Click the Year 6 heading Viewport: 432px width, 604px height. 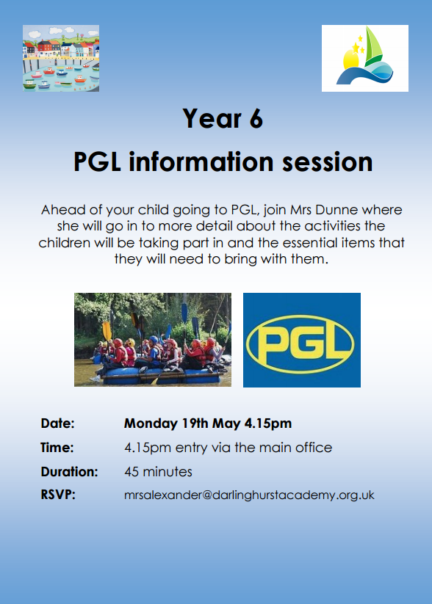[x=223, y=118]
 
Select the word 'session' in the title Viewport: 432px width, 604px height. [x=328, y=161]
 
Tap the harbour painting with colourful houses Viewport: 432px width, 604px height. [x=61, y=58]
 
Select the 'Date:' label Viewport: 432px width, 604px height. [x=57, y=423]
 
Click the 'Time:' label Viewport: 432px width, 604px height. [x=57, y=448]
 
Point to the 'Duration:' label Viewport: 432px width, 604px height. [x=69, y=472]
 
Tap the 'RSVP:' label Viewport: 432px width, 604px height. [x=58, y=495]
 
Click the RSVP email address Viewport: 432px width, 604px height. [x=249, y=495]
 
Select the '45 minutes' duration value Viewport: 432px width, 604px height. [x=158, y=472]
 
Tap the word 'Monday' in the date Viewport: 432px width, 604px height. [x=151, y=424]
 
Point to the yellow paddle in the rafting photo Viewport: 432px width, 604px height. [x=107, y=331]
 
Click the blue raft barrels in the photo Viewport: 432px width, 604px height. [x=161, y=375]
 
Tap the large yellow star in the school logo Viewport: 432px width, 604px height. [x=356, y=48]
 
